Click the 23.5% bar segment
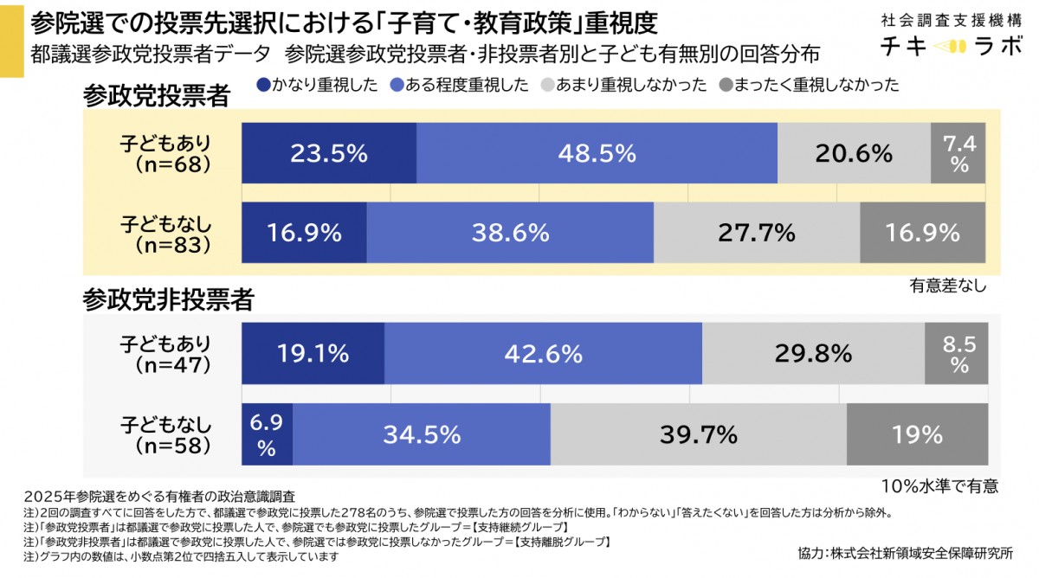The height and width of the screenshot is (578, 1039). point(329,153)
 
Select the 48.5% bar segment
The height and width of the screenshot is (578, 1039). point(597,153)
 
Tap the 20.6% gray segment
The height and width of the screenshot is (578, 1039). point(854,153)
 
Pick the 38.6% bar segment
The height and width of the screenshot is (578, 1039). point(510,232)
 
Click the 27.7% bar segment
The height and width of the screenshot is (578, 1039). point(756,232)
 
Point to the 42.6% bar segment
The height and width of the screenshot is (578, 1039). point(543,353)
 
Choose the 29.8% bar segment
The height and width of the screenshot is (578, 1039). point(813,353)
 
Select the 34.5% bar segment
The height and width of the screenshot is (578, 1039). point(421,432)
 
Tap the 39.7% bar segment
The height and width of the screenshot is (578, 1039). point(698,432)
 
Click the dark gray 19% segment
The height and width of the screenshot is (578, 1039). point(915,432)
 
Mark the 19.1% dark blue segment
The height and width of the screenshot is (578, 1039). point(313,353)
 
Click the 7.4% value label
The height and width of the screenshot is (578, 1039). point(958,153)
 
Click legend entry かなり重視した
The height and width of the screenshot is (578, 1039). point(317,85)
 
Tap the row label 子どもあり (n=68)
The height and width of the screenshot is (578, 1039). point(165,153)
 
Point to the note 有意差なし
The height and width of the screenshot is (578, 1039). point(947,284)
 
